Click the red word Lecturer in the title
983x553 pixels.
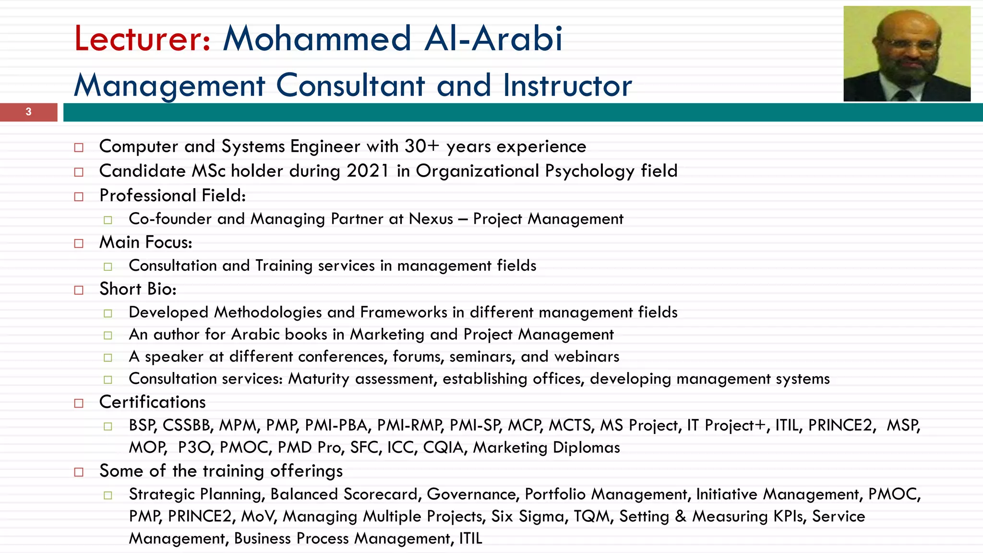coord(142,38)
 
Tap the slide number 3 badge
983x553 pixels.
coord(28,112)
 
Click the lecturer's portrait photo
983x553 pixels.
coord(907,53)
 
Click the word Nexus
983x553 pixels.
coord(431,219)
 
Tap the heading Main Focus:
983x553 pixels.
coord(145,242)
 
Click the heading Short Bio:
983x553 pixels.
coord(138,289)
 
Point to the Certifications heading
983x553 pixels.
coord(152,402)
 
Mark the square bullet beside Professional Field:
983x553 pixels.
coord(79,196)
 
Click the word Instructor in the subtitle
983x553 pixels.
coord(567,85)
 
